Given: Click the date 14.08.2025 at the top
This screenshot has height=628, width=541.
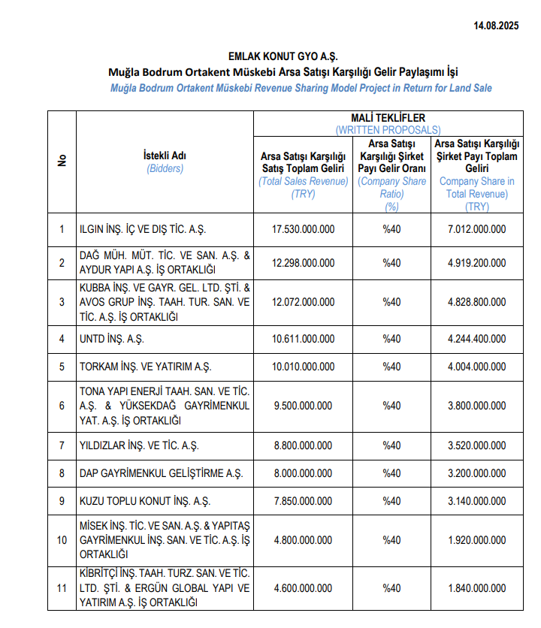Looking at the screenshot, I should (496, 26).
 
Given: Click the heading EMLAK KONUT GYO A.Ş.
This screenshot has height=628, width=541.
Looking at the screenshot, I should (283, 56).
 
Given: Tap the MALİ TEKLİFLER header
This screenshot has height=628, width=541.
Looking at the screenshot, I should (388, 118).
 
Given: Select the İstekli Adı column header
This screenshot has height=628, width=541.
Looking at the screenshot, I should (165, 155).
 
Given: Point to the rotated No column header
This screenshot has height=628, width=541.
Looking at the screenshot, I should (62, 161).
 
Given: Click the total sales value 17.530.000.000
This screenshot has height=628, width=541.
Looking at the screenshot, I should (303, 230).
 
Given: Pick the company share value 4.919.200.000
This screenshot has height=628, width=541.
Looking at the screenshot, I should (476, 263).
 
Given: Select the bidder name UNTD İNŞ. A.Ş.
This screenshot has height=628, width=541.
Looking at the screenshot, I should (113, 339).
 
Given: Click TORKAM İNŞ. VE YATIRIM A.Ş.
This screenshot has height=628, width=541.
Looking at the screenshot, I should (146, 367).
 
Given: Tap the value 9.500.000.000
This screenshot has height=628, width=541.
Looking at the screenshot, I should (303, 406).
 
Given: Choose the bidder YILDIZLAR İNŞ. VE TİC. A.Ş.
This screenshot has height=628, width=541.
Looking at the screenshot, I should (139, 445).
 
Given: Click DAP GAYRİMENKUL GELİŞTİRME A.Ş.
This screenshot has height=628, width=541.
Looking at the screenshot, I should (161, 473).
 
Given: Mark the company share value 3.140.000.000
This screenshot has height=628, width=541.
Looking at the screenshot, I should (476, 501).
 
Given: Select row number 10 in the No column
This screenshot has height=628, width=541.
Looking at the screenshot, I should (62, 540).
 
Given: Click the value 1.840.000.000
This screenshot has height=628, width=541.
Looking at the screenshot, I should (476, 588).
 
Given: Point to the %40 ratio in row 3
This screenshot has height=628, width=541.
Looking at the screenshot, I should (391, 302).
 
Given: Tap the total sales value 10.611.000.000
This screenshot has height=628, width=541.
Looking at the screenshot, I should (303, 339).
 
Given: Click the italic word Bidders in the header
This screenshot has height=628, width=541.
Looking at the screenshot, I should (165, 168).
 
